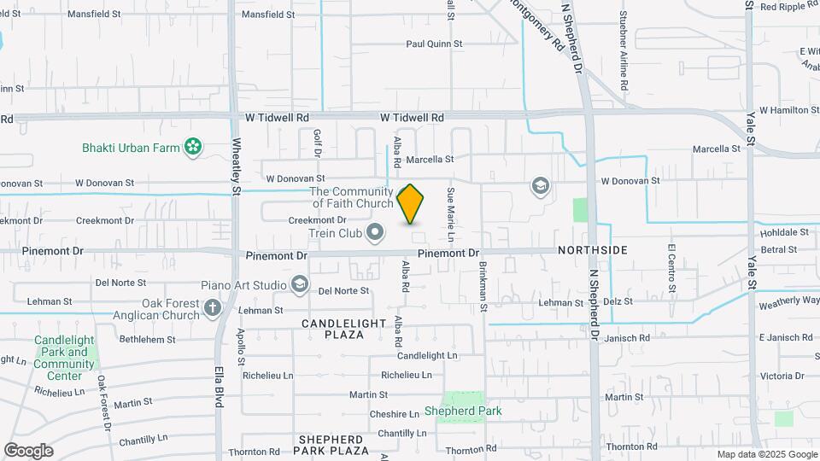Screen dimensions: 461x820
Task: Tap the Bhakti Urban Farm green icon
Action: pos(194,148)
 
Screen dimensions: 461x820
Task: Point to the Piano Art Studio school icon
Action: pos(300,283)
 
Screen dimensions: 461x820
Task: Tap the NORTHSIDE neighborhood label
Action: pos(593,250)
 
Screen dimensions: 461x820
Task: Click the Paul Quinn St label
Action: pos(434,44)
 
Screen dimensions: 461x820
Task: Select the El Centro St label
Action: pos(671,267)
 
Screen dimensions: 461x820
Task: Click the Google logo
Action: pos(28,451)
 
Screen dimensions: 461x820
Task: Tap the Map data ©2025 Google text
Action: pos(767,454)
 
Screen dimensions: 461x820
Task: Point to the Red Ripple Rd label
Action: pos(790,7)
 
